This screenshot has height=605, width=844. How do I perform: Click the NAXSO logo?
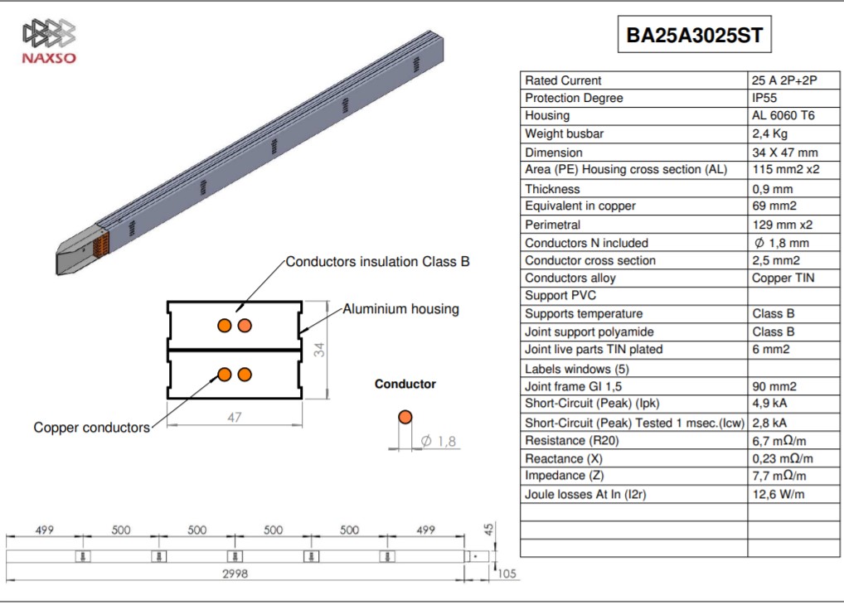click(x=49, y=41)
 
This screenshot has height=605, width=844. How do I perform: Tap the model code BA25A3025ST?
click(x=695, y=35)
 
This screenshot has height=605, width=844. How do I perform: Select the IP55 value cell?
click(x=764, y=98)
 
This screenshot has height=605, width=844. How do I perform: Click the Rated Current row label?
click(x=563, y=80)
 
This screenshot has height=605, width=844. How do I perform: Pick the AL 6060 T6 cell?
click(x=783, y=116)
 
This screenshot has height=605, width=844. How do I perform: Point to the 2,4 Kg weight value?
click(x=769, y=134)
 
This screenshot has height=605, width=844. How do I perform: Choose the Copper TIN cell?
click(x=783, y=278)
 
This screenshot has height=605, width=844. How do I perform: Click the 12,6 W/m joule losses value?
click(x=779, y=494)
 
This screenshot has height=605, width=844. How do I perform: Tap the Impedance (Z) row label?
click(x=564, y=476)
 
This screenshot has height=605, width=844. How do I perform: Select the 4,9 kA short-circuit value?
click(x=769, y=403)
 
